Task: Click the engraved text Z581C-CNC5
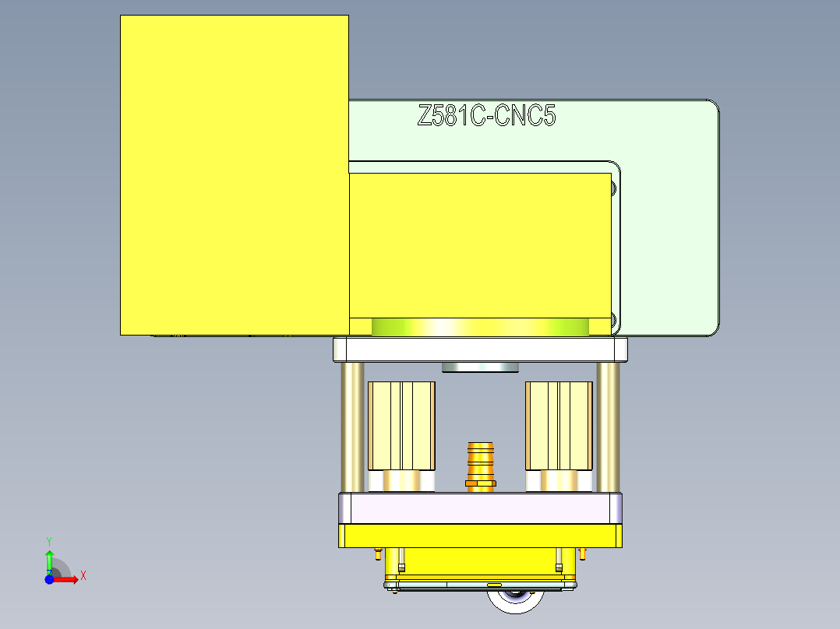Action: coord(486,117)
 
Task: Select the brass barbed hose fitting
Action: coord(480,465)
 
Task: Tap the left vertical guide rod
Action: coord(351,427)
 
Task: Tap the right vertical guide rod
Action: coord(608,427)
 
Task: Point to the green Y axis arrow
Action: coord(49,560)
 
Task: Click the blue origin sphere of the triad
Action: coord(49,579)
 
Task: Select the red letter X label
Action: coord(83,576)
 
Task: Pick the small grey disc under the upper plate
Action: coord(480,367)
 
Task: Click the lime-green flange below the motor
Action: coord(479,327)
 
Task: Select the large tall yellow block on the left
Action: coord(234,175)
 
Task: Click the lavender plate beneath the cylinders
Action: coord(480,508)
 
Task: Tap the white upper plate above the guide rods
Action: coord(480,349)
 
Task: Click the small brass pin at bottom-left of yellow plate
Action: coord(378,555)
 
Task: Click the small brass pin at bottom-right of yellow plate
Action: coord(583,553)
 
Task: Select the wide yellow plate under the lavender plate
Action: coord(480,536)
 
